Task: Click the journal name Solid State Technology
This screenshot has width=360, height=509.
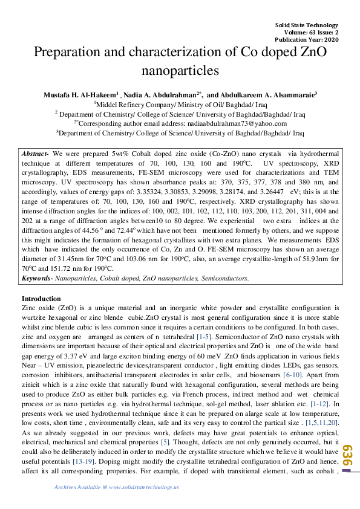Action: (x=307, y=25)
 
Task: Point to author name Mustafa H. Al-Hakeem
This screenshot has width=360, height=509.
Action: (x=80, y=95)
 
